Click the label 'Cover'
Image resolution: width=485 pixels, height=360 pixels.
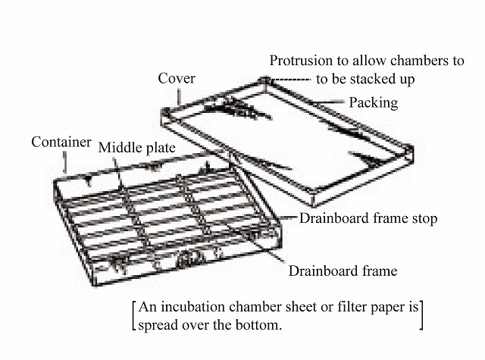pos(177,79)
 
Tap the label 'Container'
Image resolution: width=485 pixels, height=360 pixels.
pos(61,142)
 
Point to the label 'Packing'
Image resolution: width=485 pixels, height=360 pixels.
pos(374,102)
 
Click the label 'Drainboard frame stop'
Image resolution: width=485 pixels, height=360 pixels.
pos(368,218)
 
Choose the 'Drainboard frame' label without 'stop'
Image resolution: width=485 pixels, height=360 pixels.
pos(342,270)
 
